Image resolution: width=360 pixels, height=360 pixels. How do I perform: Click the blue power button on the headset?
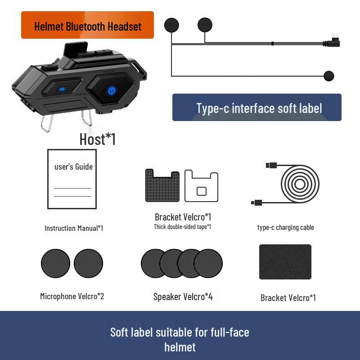pos(111,91)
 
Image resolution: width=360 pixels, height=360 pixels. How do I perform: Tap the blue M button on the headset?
pos(62,89)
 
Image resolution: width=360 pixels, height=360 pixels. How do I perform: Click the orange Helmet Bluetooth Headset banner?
pos(87,26)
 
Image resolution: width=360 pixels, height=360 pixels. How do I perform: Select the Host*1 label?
pos(97,139)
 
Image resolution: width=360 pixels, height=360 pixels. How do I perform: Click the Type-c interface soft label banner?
pos(257,108)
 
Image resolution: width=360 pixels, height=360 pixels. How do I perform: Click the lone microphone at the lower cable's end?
pos(328,76)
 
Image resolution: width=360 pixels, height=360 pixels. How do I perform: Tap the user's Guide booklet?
pos(72,179)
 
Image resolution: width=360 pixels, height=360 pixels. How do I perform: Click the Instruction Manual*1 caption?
pos(74,228)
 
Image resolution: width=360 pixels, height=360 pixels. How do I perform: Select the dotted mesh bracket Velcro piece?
pos(162,185)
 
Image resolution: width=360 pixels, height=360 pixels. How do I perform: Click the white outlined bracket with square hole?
pos(201,185)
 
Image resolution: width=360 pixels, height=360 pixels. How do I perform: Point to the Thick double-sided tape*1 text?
pos(182,227)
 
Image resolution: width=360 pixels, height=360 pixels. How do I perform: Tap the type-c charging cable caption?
pos(285,227)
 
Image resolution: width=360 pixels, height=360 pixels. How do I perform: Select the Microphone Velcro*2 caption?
pos(72,296)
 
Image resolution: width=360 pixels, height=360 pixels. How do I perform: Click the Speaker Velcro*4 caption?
pos(183,297)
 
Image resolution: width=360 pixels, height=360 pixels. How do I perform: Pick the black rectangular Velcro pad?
pos(285,262)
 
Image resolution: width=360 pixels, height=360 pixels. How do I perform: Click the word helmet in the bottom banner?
pos(180,347)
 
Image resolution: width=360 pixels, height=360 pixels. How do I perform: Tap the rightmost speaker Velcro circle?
pos(209,263)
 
